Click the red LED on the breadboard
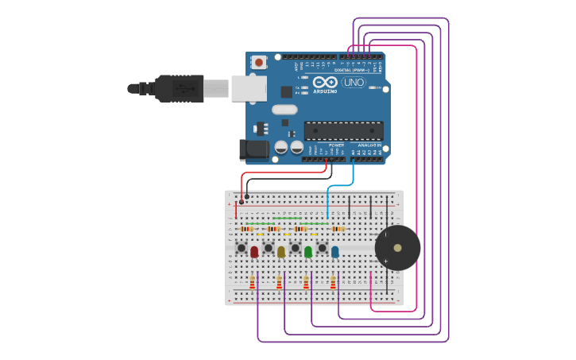pyautogui.click(x=254, y=252)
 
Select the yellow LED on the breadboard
pyautogui.click(x=281, y=252)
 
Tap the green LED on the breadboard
pyautogui.click(x=308, y=252)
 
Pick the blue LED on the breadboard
pyautogui.click(x=334, y=252)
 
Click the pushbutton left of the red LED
pyautogui.click(x=242, y=248)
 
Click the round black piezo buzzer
pyautogui.click(x=397, y=248)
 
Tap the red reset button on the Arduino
pyautogui.click(x=259, y=62)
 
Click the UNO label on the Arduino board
pyautogui.click(x=354, y=82)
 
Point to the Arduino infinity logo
pyautogui.click(x=324, y=81)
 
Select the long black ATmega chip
pyautogui.click(x=343, y=131)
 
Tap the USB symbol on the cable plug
pyautogui.click(x=187, y=87)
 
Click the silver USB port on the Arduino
pyautogui.click(x=248, y=88)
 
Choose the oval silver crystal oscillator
pyautogui.click(x=284, y=110)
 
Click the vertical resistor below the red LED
pyautogui.click(x=253, y=282)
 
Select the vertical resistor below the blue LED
pyautogui.click(x=333, y=282)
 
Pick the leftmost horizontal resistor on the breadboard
pyautogui.click(x=246, y=229)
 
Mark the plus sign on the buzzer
pyautogui.click(x=386, y=261)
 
